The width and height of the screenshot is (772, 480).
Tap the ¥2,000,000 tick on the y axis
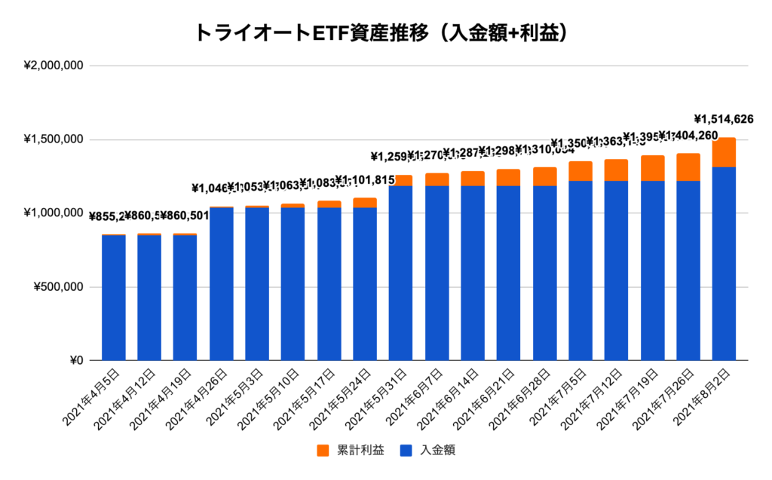point(54,66)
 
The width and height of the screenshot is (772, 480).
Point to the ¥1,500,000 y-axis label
point(54,140)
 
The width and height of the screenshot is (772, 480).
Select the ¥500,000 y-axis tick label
point(57,287)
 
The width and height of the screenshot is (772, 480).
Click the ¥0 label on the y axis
point(72,361)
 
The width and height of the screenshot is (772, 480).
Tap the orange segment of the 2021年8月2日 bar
point(724,152)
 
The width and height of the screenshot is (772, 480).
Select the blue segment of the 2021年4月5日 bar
point(114,298)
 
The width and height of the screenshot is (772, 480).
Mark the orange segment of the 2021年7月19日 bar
point(652,168)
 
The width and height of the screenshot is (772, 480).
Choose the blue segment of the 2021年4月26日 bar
point(222,283)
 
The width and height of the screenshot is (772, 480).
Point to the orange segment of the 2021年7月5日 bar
point(581,171)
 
